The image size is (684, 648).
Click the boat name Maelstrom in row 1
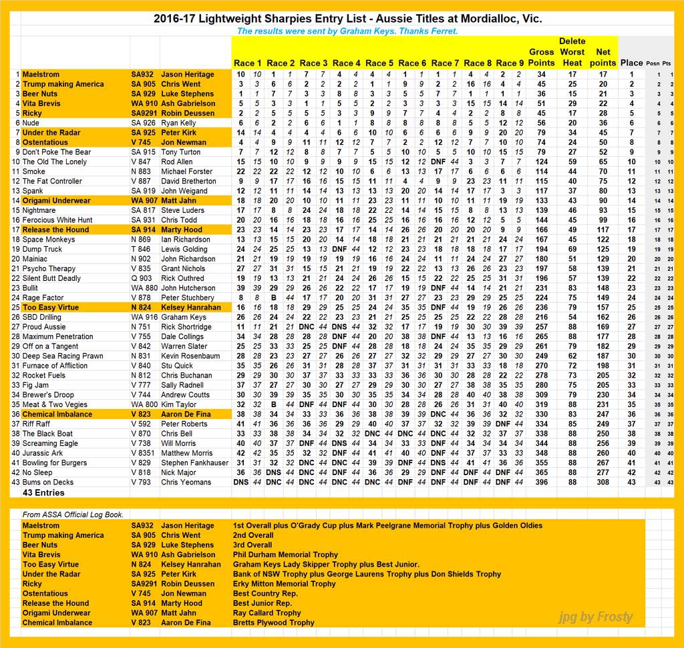41,74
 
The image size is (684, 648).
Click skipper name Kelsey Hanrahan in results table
191,308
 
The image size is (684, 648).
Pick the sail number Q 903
141,278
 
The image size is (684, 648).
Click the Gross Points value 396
541,482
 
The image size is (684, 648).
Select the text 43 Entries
43,493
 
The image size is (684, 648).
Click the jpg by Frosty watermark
595,617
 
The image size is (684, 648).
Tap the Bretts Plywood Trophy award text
274,623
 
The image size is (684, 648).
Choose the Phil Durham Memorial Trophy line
286,555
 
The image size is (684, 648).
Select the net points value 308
603,482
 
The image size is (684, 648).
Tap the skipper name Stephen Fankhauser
194,462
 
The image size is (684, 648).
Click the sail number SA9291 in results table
144,113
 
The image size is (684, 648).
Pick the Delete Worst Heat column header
572,52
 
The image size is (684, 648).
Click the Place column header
631,63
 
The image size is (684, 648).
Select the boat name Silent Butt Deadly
51,278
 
